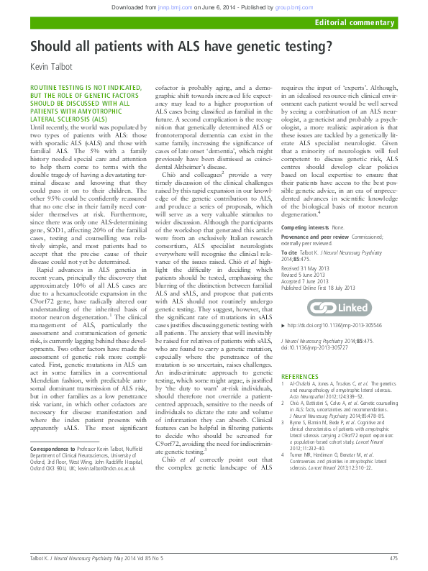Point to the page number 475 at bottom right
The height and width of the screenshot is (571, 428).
[x=393, y=558]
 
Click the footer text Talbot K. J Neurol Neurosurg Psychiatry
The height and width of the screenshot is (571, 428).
[x=76, y=558]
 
